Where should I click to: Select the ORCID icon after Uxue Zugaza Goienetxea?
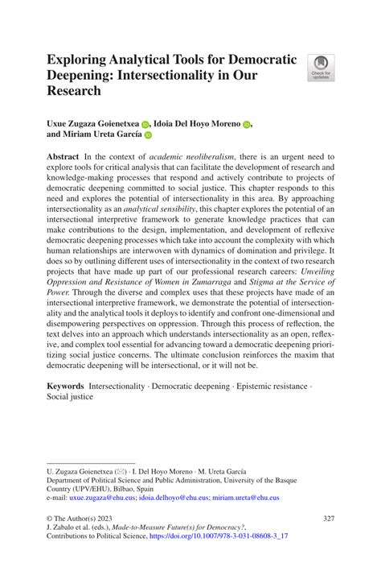[145, 125]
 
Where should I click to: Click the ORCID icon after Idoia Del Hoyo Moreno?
[247, 125]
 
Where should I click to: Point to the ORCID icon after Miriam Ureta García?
[148, 137]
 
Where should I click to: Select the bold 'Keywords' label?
[66, 387]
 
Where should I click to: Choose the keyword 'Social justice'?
[70, 399]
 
